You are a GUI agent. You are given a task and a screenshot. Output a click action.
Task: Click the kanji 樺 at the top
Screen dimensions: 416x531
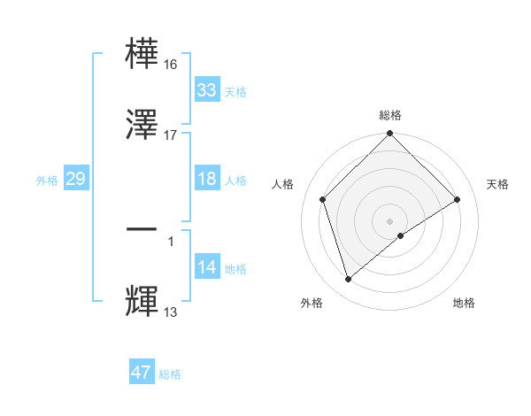142,53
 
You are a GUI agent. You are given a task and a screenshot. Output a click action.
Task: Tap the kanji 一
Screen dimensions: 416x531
142,230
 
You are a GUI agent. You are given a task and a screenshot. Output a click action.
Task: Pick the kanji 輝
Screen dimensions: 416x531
142,301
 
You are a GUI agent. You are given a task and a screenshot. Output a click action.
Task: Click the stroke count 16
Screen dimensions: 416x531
170,65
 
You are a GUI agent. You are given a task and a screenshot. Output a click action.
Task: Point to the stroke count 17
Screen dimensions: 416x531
170,135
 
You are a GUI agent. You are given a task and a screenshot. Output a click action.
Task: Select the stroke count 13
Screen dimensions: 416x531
170,312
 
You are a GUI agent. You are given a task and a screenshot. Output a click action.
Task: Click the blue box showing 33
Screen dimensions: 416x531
206,90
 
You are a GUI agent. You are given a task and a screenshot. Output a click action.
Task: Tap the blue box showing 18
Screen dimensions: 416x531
206,179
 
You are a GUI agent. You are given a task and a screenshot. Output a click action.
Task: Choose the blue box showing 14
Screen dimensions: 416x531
206,267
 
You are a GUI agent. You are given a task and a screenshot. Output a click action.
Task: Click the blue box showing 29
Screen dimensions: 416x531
75,179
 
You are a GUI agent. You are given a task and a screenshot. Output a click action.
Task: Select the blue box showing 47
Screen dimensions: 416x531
142,373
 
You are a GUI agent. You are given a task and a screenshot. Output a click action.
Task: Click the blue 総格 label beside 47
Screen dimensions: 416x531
170,374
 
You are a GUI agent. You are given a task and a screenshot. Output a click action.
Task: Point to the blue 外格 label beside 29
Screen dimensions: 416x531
47,181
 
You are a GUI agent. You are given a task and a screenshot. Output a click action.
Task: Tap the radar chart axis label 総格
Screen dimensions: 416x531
390,115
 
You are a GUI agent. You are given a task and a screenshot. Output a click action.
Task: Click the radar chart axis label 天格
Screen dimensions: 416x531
498,184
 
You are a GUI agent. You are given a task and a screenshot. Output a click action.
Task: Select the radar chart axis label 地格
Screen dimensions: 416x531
464,303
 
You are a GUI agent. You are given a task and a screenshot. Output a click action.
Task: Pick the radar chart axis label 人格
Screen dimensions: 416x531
283,184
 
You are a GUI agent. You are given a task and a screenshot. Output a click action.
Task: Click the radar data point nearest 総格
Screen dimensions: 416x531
389,135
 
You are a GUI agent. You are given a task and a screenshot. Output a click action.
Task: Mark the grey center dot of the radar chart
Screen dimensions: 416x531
389,220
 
